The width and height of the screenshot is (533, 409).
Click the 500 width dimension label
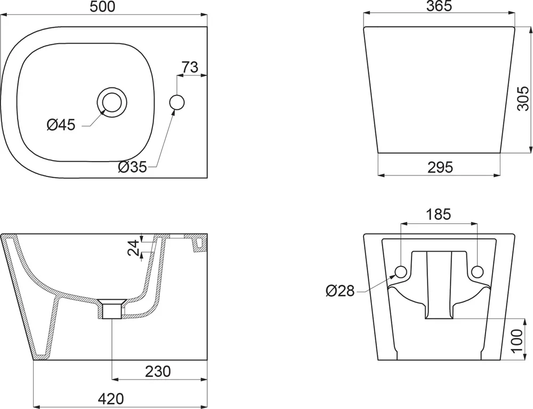103,7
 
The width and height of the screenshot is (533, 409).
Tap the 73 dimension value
190,67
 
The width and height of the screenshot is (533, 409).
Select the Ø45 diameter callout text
61,125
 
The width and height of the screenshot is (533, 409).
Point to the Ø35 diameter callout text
132,166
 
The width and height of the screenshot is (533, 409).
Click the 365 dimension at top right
439,6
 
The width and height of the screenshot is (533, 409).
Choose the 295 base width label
440,167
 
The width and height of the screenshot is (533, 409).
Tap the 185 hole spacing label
439,214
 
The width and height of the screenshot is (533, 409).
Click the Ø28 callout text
340,291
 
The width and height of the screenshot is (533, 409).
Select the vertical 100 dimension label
516,341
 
